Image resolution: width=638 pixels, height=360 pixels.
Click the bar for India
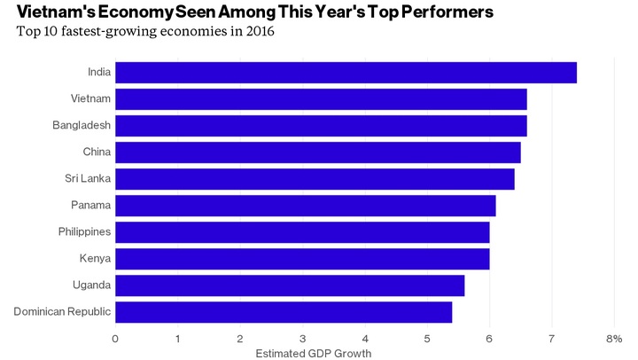point(346,73)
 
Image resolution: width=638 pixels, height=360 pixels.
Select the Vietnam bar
point(321,99)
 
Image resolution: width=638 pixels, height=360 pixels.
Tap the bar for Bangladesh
point(321,126)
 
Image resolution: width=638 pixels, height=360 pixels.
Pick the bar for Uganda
point(290,286)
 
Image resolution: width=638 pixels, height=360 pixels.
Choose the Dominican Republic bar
point(284,312)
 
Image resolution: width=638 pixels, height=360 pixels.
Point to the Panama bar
point(305,206)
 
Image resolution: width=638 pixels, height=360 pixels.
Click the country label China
point(97,153)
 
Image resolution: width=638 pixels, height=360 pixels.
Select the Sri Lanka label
point(88,179)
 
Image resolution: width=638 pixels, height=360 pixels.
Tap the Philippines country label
point(83,232)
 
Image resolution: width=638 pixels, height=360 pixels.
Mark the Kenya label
point(95,259)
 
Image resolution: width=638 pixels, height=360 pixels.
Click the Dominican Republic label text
point(63,312)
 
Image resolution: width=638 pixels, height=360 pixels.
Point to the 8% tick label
point(614,339)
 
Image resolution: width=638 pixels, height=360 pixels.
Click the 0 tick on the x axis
point(115,339)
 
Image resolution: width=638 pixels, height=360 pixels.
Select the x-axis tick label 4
point(365,339)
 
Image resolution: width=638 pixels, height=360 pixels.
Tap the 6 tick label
point(489,339)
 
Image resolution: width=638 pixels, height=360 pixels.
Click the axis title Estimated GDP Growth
point(313,354)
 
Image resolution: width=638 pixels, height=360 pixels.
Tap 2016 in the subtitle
point(258,32)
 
